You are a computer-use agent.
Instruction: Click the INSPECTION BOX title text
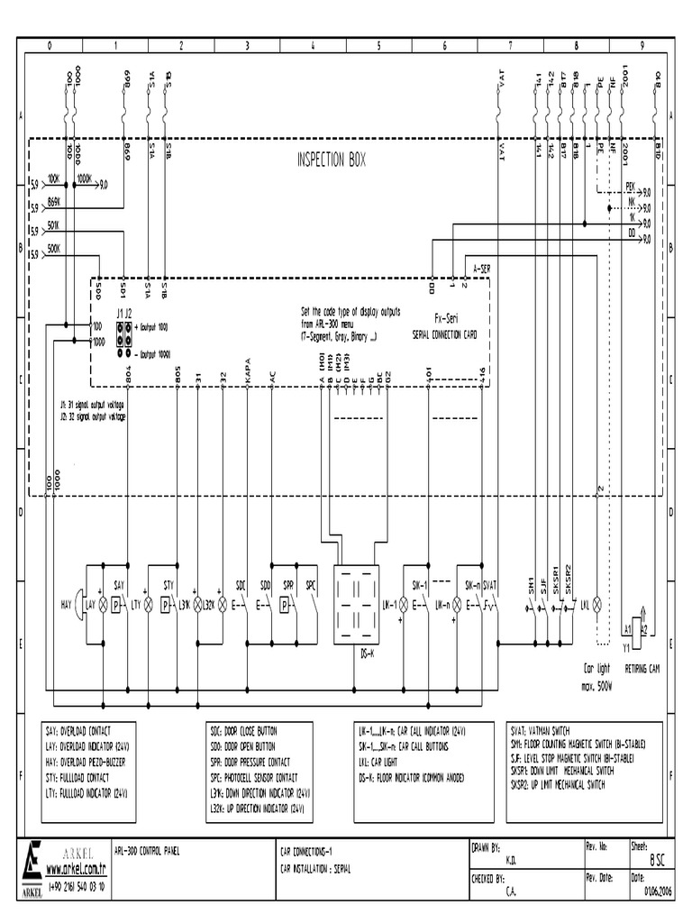click(x=332, y=160)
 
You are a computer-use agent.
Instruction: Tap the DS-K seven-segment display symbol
click(x=356, y=605)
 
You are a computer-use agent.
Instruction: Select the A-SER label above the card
click(x=482, y=269)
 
